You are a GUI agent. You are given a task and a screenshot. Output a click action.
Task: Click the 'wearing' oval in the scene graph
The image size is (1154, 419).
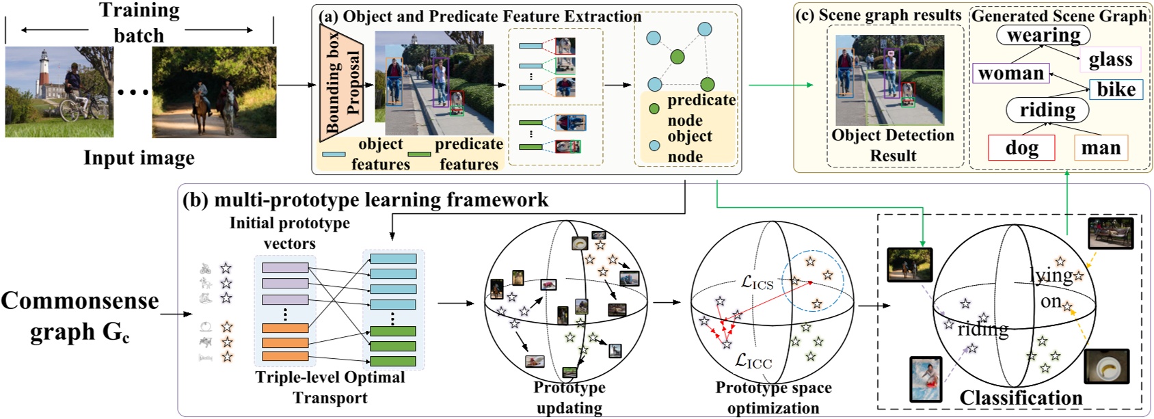coord(1043,35)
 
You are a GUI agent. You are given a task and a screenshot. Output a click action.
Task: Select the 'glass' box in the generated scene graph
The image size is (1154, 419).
coord(1110,60)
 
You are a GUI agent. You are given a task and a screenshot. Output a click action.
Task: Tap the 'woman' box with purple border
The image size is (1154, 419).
coord(1010,73)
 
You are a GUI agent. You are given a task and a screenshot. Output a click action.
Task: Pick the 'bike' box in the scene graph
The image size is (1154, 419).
coord(1116,90)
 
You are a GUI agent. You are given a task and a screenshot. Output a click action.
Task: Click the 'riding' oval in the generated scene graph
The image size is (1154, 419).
coord(1047,110)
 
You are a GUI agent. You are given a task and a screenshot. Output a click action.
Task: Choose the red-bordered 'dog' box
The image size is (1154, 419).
coord(1021,148)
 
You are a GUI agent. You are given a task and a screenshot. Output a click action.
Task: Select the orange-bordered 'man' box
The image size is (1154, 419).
coord(1100,148)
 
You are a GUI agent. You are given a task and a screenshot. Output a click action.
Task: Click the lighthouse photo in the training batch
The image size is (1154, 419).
coord(59,92)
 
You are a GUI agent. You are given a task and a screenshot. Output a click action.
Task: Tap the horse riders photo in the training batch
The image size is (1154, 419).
coord(214,92)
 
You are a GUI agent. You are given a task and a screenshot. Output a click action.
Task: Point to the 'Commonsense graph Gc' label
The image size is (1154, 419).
coord(79,316)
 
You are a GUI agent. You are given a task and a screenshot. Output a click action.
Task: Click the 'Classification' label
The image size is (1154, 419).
coord(1021,398)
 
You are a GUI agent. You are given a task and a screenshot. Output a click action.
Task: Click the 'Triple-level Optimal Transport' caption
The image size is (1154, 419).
coord(330,388)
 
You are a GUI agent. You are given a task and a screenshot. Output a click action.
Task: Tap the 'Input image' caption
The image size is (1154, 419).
coord(139,158)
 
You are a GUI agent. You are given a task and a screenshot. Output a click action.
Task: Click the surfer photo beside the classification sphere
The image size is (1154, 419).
coord(926,379)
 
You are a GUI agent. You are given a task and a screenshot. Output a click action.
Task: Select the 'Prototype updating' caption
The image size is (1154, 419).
coord(569,398)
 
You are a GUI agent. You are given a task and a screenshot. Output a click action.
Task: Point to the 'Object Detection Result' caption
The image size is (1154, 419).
coord(892,145)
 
